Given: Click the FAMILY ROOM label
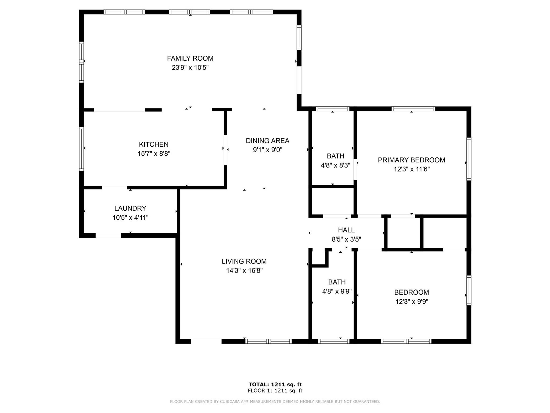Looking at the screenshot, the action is (x=190, y=58).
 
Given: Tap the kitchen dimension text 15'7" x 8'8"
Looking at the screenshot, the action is (x=154, y=154).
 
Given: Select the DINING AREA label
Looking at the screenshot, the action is (x=268, y=141).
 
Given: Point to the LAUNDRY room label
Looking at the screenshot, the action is (x=130, y=208).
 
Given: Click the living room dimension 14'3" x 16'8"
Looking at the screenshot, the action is (x=244, y=271).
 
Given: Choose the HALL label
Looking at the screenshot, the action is (x=346, y=230).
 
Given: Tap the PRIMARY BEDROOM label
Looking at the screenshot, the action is (x=412, y=160).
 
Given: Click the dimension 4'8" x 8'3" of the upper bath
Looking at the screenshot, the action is (x=336, y=165).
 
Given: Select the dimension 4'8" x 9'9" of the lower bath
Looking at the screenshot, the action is (x=337, y=291).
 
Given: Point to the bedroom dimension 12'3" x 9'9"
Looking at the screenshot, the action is (x=412, y=302).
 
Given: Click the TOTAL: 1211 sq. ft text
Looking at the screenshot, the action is (x=275, y=384).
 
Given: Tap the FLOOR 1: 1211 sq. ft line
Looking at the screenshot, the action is (x=275, y=391).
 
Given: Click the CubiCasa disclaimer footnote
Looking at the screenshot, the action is (x=275, y=402).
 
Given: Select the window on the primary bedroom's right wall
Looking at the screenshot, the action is (x=469, y=159).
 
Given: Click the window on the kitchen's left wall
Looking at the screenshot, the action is (x=81, y=149).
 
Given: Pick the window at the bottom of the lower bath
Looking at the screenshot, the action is (x=334, y=341).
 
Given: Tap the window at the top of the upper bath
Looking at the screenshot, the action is (x=333, y=109).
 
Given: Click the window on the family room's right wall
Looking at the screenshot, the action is (x=299, y=38).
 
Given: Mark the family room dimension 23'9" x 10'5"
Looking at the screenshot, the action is (x=190, y=68).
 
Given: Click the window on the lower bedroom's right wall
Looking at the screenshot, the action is (x=469, y=291).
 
